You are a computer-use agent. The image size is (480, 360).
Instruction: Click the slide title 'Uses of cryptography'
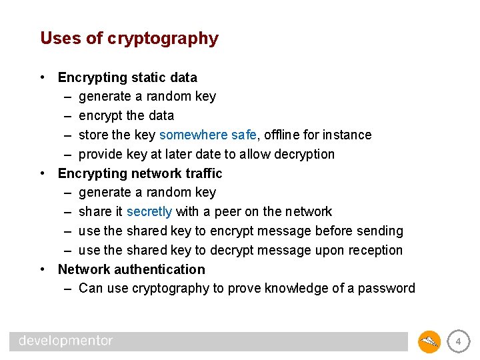pyautogui.click(x=129, y=39)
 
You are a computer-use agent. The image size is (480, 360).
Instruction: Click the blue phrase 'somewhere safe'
pyautogui.click(x=203, y=135)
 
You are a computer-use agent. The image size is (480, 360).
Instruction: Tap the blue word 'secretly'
pyautogui.click(x=149, y=212)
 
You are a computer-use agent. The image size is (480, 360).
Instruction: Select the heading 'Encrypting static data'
pyautogui.click(x=127, y=77)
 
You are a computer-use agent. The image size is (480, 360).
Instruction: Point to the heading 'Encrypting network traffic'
pyautogui.click(x=140, y=174)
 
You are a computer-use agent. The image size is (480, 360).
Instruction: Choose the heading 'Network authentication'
pyautogui.click(x=131, y=270)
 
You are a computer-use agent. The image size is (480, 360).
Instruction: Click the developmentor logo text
pyautogui.click(x=66, y=341)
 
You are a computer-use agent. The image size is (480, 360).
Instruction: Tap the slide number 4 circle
pyautogui.click(x=457, y=343)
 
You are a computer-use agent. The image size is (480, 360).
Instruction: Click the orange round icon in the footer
pyautogui.click(x=429, y=343)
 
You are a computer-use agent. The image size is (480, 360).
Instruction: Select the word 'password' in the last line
pyautogui.click(x=386, y=289)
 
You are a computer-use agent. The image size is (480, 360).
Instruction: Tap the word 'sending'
pyautogui.click(x=379, y=231)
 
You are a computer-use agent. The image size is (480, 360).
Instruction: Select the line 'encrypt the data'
pyautogui.click(x=126, y=116)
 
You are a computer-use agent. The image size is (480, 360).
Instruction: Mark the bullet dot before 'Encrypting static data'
pyautogui.click(x=43, y=77)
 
